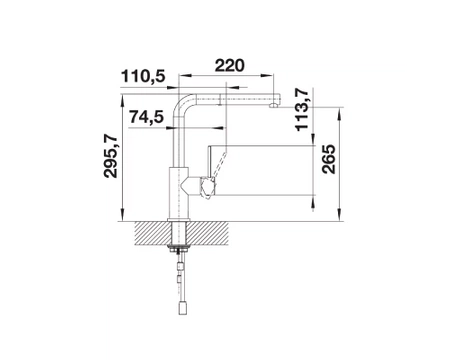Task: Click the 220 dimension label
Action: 229,66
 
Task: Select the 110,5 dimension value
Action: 143,76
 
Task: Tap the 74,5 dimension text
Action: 147,117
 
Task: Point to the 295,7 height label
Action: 111,156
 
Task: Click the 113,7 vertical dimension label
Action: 302,109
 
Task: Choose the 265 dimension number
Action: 329,159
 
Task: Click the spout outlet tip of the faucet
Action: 273,106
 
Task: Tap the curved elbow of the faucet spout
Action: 183,103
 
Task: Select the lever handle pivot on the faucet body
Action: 207,187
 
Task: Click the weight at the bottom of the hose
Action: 183,307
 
